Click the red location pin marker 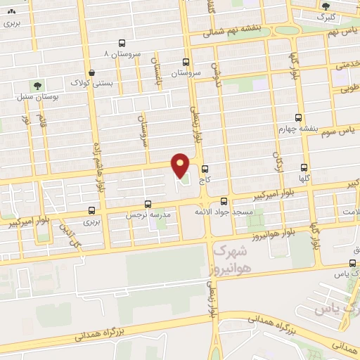(x=181, y=165)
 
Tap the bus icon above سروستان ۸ (x=122, y=42)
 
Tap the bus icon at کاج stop (x=205, y=169)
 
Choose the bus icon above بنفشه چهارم (x=299, y=117)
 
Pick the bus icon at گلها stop (x=304, y=168)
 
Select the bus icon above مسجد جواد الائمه (x=224, y=200)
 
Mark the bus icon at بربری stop (x=92, y=210)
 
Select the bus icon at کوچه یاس (x=353, y=264)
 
